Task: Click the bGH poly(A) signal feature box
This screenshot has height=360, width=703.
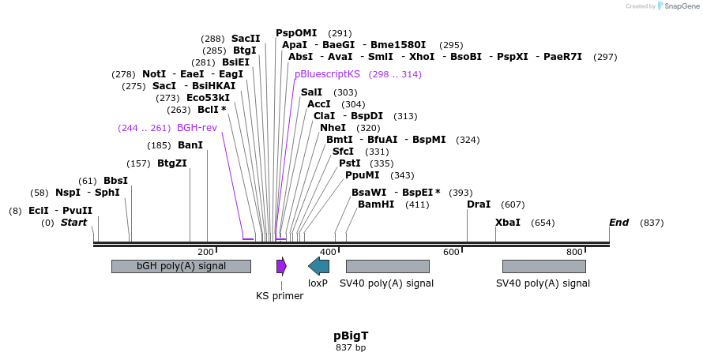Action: (181, 266)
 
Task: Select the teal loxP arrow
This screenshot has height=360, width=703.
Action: (318, 266)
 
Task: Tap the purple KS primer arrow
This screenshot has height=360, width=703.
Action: (281, 266)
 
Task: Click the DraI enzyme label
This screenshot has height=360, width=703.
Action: (479, 204)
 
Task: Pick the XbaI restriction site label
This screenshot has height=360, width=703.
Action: (508, 223)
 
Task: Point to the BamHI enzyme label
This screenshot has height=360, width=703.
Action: (376, 204)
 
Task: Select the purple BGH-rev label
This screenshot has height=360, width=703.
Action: (197, 127)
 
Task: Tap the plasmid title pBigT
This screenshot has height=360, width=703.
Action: (351, 336)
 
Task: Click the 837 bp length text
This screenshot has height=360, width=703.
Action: (351, 347)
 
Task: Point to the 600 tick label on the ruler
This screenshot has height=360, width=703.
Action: (450, 252)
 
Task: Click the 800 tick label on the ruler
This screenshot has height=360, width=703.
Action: (574, 252)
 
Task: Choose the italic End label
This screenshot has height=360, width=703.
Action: (618, 223)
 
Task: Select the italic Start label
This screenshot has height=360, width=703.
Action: (73, 223)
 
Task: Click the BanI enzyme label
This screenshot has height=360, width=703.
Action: (190, 145)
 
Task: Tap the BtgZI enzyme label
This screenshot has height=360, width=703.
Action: (172, 163)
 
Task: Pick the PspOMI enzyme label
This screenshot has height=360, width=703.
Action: (296, 33)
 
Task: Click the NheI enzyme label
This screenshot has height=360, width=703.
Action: (333, 127)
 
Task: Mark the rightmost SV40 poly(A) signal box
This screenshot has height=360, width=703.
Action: (543, 266)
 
